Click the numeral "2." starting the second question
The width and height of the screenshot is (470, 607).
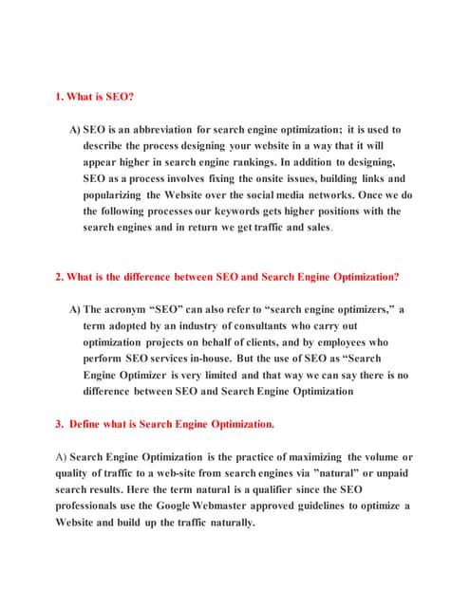click(x=60, y=277)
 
